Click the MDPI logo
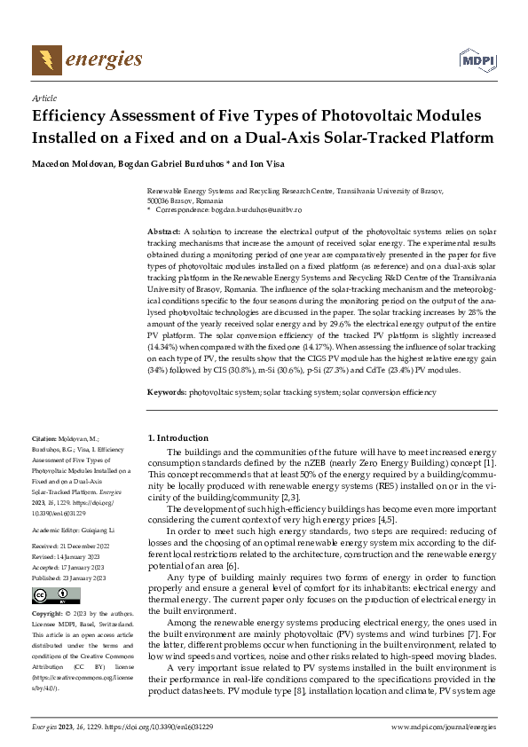click(476, 60)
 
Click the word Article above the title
click(43, 98)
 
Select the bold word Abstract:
click(164, 231)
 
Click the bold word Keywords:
click(167, 415)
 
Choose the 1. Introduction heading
click(177, 436)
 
